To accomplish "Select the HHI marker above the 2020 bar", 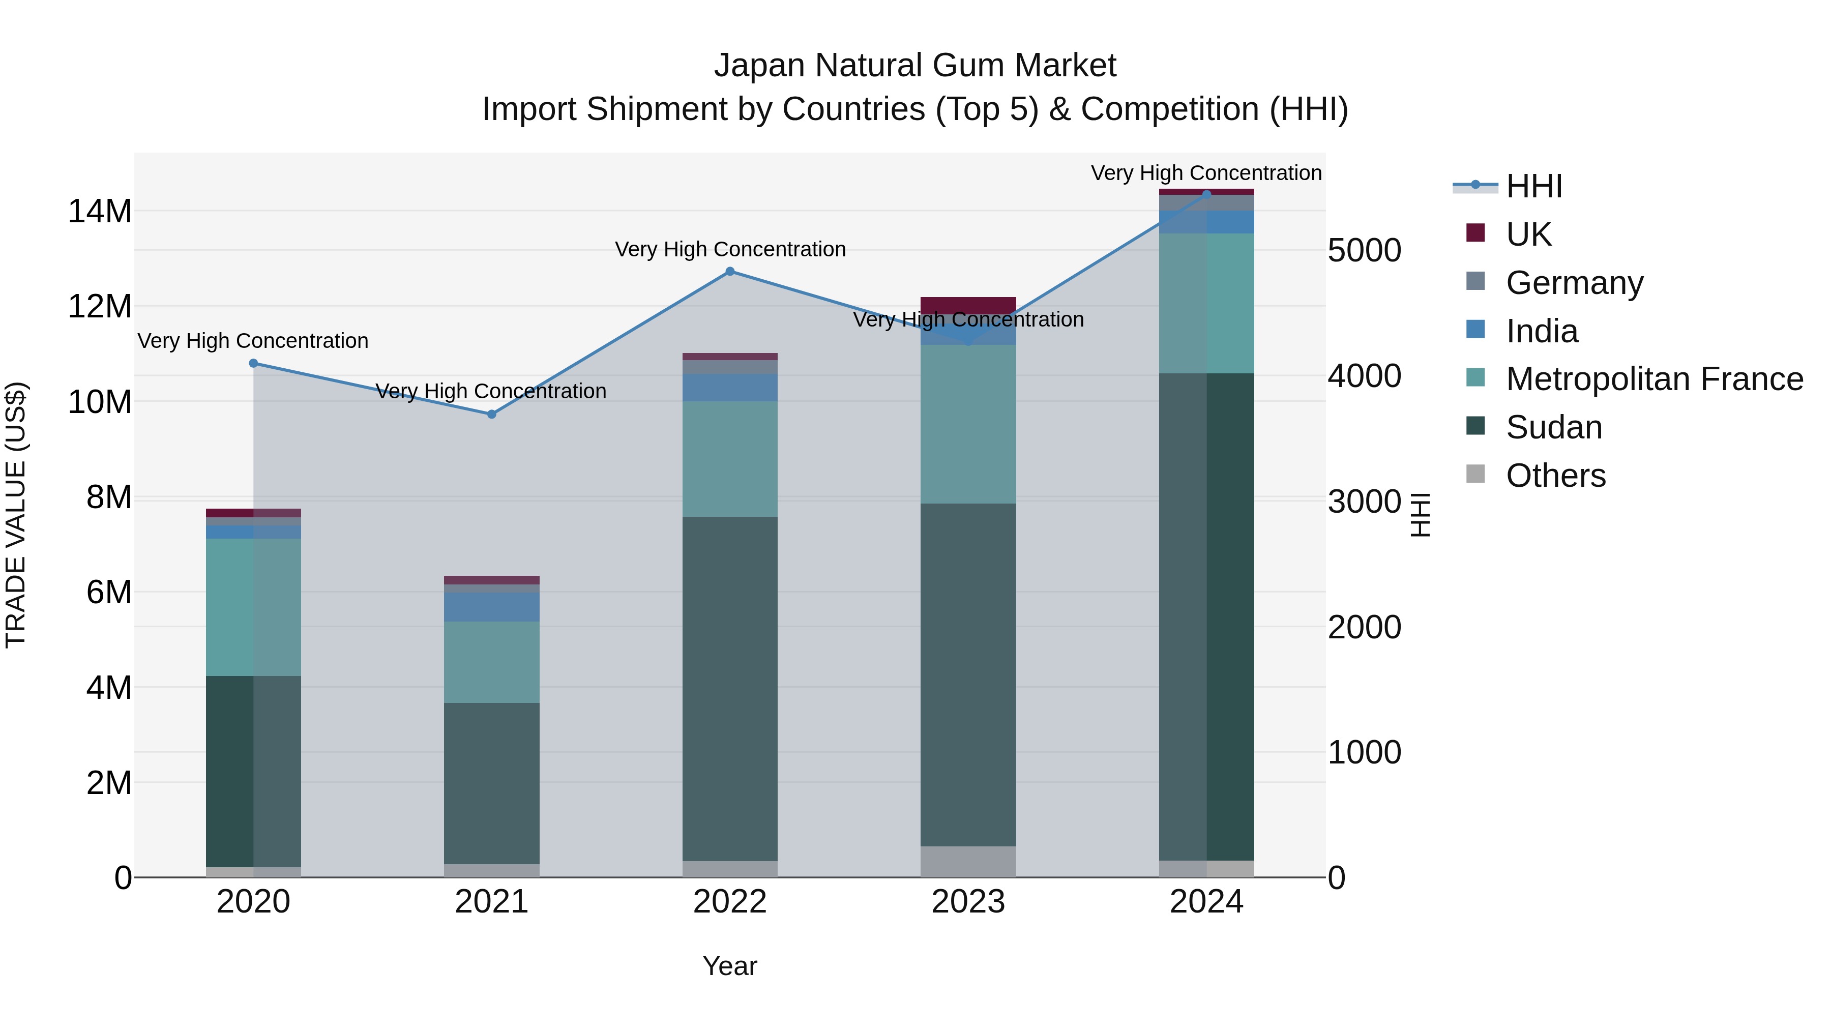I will click(x=254, y=363).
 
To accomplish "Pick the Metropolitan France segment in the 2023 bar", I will click(x=967, y=424).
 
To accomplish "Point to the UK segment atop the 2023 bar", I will click(x=967, y=304).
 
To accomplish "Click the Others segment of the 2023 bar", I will click(x=967, y=862).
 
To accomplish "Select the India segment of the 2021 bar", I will click(x=491, y=607).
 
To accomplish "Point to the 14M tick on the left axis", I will click(x=100, y=212).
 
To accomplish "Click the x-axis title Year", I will click(x=729, y=966).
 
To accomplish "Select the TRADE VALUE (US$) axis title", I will click(x=16, y=515).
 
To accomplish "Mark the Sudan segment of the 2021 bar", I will click(x=491, y=783).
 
